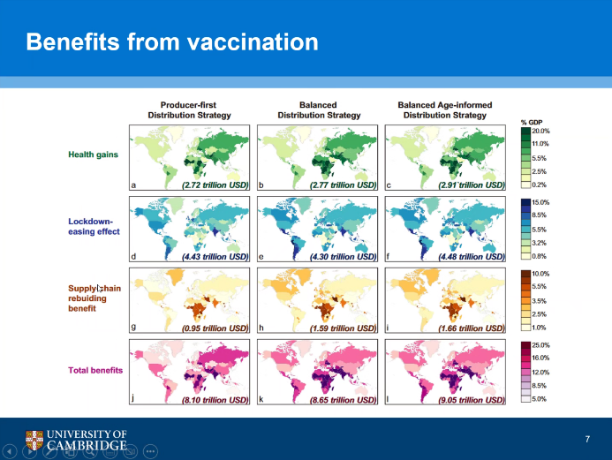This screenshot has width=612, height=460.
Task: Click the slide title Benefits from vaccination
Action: pyautogui.click(x=172, y=41)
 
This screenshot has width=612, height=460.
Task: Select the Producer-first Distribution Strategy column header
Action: pyautogui.click(x=191, y=109)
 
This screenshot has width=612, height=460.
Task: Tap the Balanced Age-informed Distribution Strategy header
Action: pyautogui.click(x=444, y=109)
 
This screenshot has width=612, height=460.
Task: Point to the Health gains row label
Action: pyautogui.click(x=94, y=155)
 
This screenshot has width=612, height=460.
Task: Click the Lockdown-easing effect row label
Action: pyautogui.click(x=94, y=226)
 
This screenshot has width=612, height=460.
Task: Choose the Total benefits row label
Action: pyautogui.click(x=95, y=369)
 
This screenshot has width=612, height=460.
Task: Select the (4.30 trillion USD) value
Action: pyautogui.click(x=343, y=257)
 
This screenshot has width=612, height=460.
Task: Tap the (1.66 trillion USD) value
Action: pyautogui.click(x=472, y=328)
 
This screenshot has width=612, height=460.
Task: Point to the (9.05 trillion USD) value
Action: pyautogui.click(x=472, y=399)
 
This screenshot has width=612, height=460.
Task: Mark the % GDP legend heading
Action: pyautogui.click(x=532, y=122)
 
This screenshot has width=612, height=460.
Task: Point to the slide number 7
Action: pyautogui.click(x=587, y=439)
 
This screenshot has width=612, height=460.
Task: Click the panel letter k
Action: pyautogui.click(x=261, y=399)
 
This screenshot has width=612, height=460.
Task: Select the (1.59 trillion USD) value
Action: pyautogui.click(x=343, y=328)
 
